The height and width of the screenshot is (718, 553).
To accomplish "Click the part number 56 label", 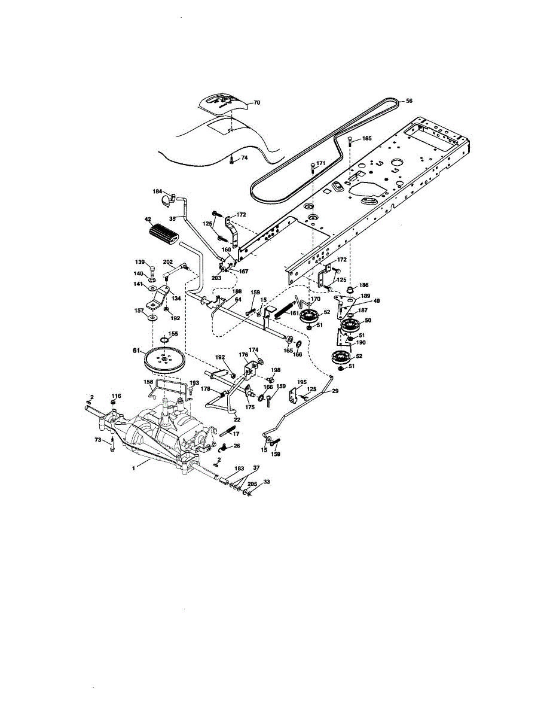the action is [409, 101].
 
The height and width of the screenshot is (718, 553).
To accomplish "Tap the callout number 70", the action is [256, 102].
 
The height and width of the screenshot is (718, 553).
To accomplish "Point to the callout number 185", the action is [367, 138].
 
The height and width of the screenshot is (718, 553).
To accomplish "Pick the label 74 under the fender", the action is [244, 158].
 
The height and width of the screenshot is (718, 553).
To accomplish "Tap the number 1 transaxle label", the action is [133, 468].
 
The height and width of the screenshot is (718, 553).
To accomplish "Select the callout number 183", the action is [239, 468].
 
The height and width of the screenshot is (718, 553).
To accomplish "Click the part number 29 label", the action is [335, 391].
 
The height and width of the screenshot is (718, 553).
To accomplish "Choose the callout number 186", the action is [363, 285].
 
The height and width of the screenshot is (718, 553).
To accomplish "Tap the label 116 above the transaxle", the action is [116, 396].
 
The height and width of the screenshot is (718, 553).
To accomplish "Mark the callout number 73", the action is [98, 440].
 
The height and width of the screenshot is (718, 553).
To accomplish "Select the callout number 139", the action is [140, 262].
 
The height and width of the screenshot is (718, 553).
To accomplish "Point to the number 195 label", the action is [302, 382].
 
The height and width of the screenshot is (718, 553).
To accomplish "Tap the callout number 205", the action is [252, 483].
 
